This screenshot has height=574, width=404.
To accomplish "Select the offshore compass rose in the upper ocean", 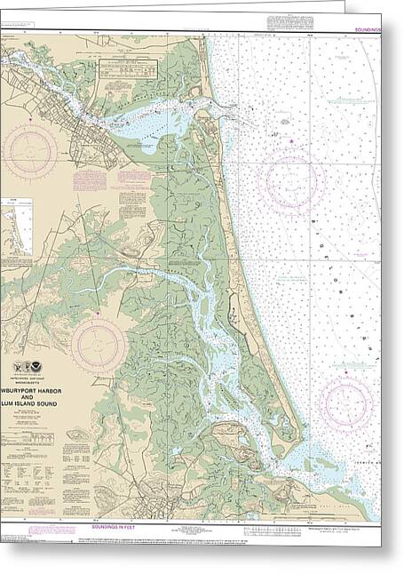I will click(x=291, y=180).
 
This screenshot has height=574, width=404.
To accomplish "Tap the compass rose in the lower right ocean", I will click(x=346, y=401).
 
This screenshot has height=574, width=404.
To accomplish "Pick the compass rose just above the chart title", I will click(x=99, y=345).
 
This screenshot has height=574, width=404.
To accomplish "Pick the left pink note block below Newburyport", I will click(x=88, y=180).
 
